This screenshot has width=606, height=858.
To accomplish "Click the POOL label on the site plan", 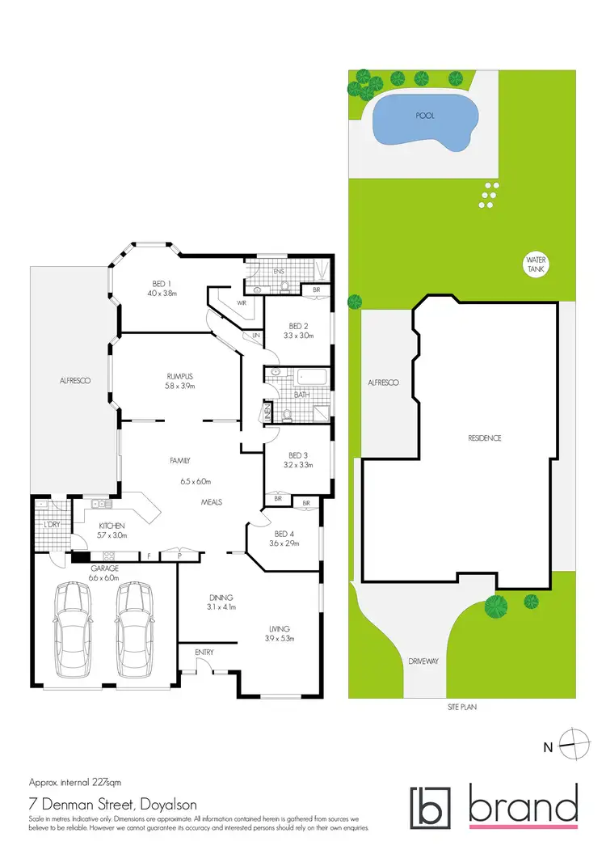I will tap(425, 116).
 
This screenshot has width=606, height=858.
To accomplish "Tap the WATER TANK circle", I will tap(535, 264).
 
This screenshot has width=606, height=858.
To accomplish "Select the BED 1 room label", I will tap(162, 284).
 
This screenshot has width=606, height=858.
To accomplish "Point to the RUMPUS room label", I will tap(179, 375).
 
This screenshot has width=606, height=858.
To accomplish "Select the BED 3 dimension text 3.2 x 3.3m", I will tap(298, 466).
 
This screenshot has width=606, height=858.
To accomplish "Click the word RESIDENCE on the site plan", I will tap(485, 438).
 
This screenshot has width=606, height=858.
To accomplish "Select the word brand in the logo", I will tap(523, 807).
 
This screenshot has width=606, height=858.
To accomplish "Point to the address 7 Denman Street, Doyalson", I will tap(105, 804).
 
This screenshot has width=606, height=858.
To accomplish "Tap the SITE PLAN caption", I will tap(463, 706).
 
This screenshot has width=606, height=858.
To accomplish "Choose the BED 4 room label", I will tap(286, 534).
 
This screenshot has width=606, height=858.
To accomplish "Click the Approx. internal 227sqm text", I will tap(74, 783).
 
